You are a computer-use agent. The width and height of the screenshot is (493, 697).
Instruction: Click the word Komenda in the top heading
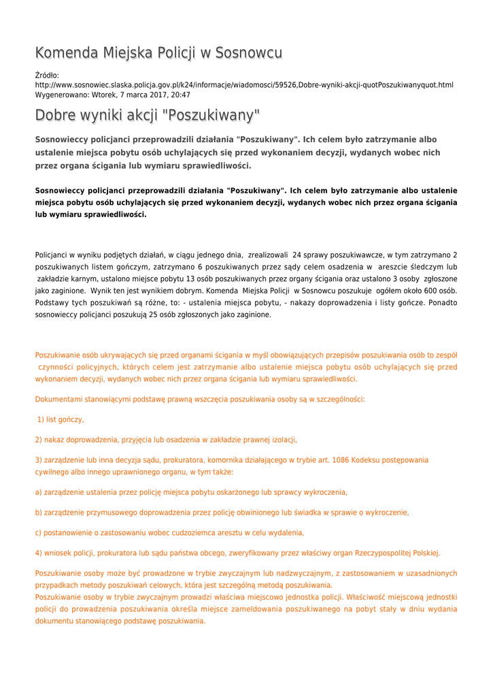coord(67,53)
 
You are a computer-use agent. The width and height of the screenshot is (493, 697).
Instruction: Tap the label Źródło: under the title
coord(47,75)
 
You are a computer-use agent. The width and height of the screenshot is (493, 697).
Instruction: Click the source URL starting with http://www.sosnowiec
coord(244,85)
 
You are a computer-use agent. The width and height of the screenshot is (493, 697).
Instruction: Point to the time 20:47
coord(180,95)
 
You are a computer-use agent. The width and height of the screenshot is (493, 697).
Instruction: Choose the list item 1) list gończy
coord(61,419)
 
